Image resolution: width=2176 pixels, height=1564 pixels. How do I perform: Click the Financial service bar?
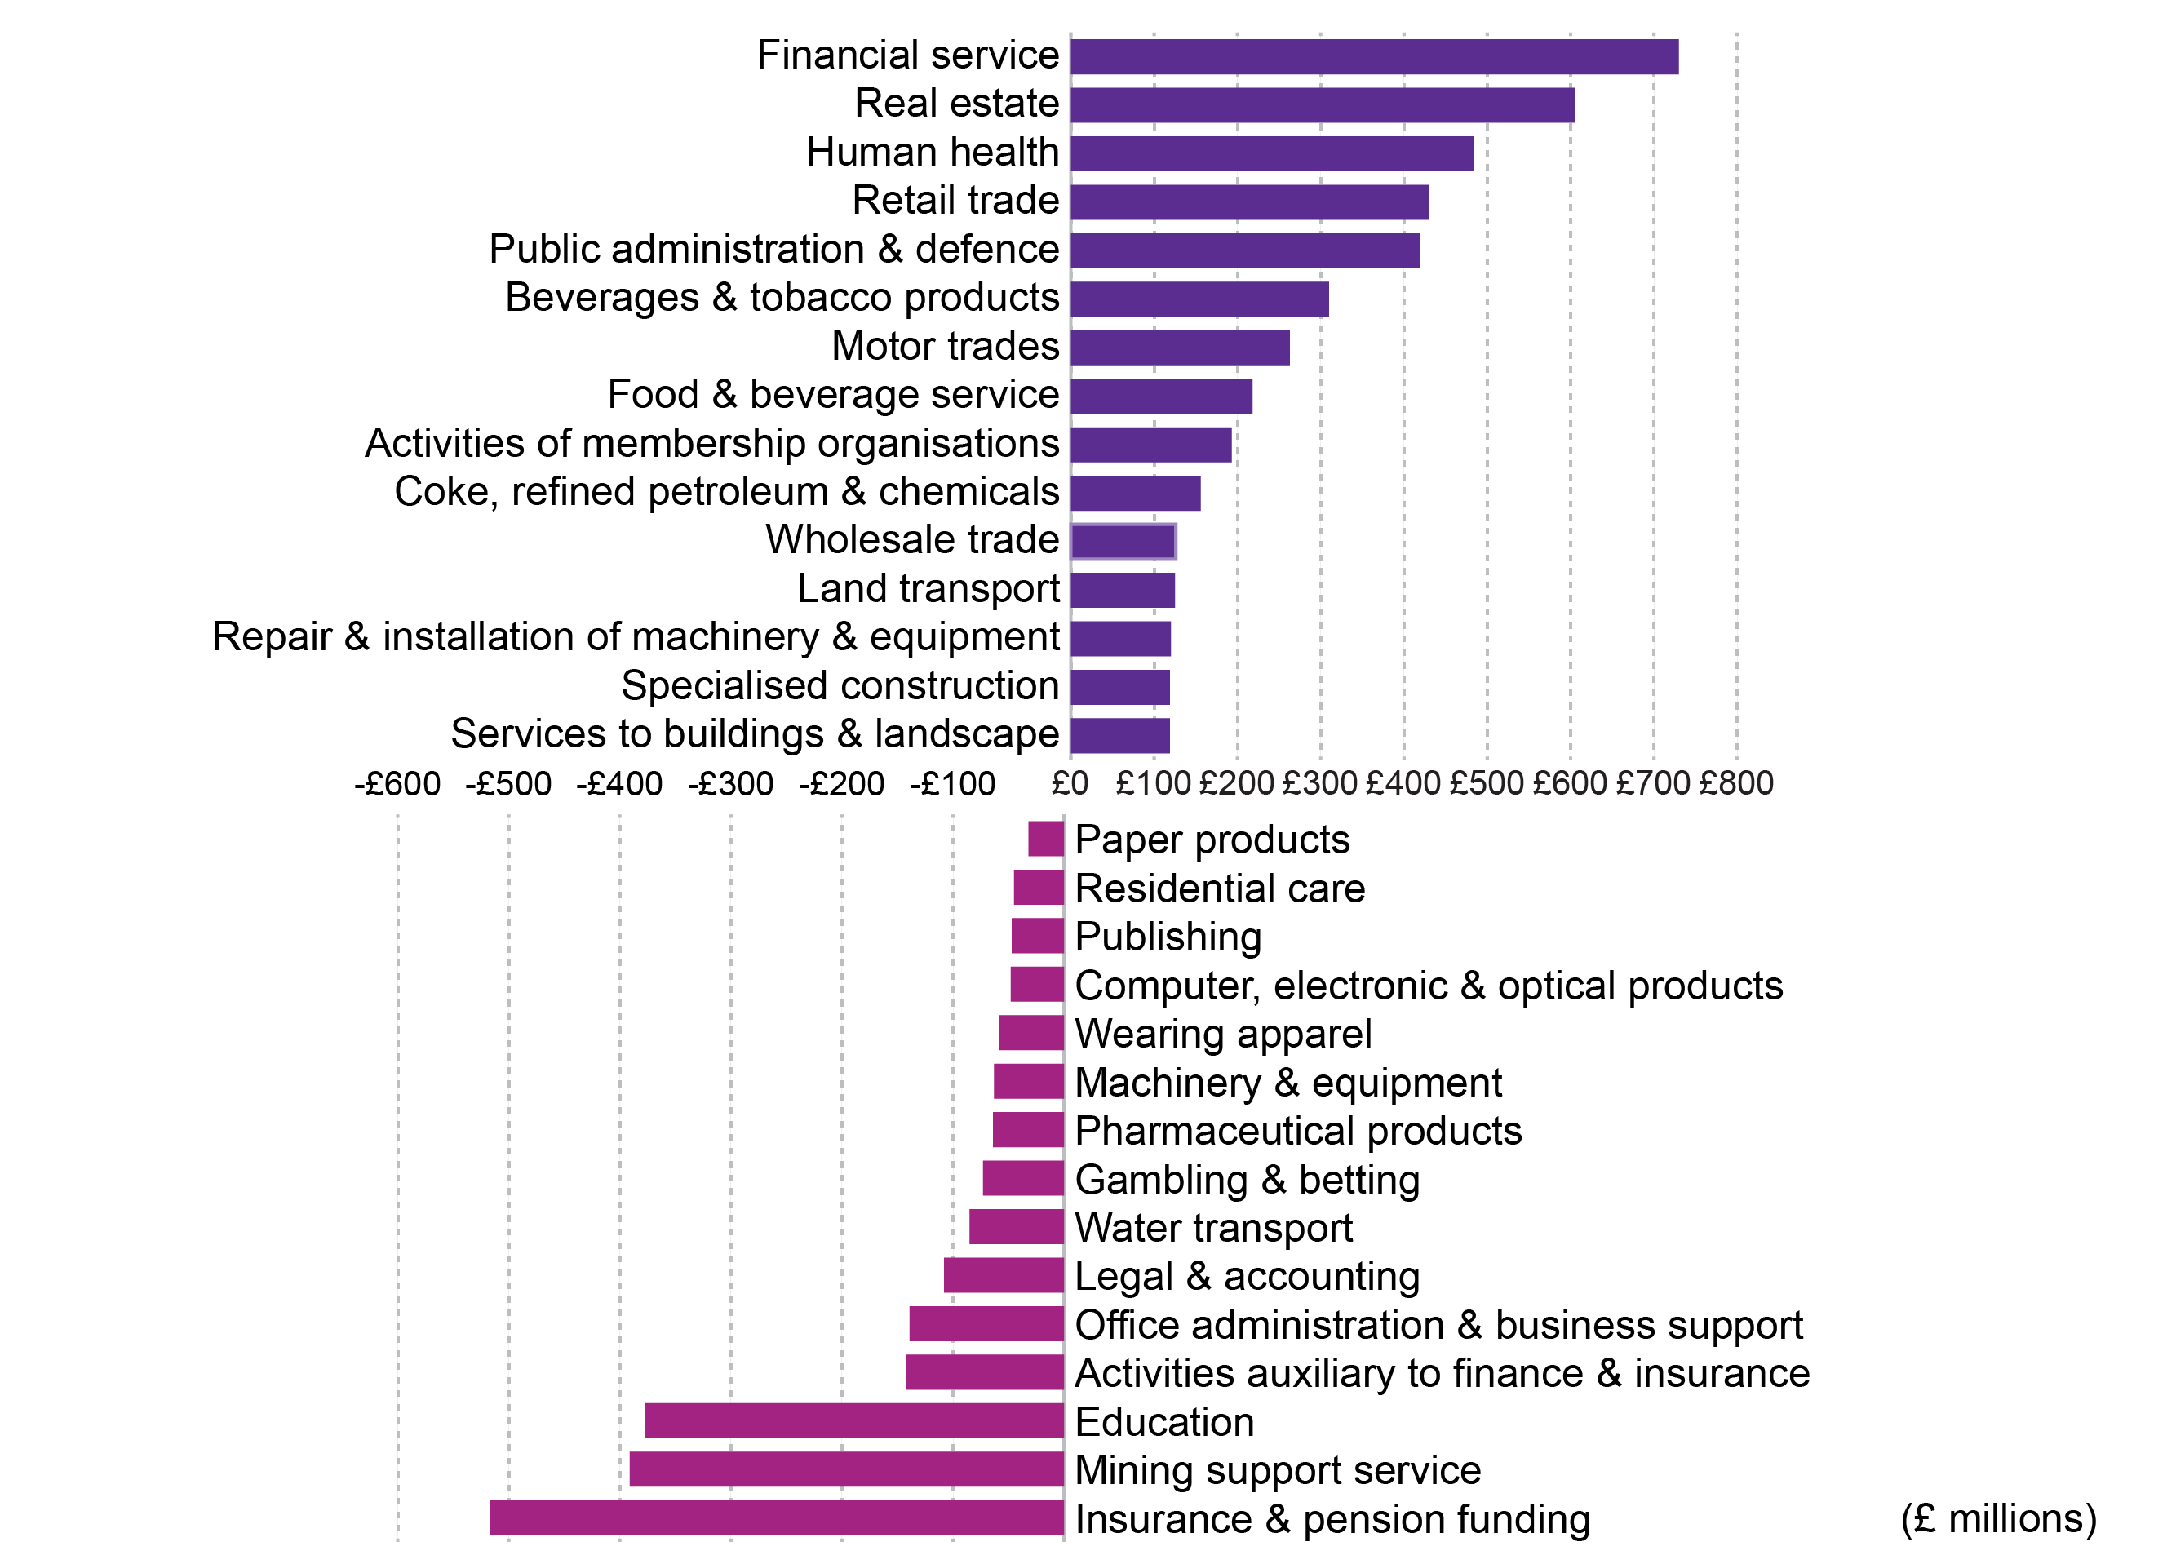tap(1374, 56)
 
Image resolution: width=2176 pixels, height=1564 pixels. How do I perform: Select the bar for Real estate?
tap(1322, 105)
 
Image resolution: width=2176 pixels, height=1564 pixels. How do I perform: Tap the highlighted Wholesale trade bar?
tap(1123, 542)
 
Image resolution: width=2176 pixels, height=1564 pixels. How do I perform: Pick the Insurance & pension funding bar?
tap(776, 1518)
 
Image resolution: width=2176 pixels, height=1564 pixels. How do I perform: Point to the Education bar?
tap(854, 1421)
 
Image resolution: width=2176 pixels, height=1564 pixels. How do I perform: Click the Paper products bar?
tap(1046, 839)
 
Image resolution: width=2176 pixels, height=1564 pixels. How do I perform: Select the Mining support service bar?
tap(846, 1469)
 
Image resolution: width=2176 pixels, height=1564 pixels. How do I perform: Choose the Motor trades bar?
tap(1180, 348)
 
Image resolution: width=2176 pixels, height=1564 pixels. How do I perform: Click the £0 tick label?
tap(1070, 784)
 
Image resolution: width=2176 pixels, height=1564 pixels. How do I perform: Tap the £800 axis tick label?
tap(1735, 784)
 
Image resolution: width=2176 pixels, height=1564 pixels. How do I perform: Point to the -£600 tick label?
tap(397, 784)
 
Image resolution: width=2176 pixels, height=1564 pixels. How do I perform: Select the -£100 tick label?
tap(952, 784)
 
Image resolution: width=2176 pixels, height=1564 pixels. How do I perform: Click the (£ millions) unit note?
tap(1997, 1519)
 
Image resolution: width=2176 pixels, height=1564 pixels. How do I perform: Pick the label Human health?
tap(933, 153)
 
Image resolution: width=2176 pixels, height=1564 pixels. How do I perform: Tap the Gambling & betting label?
tap(1247, 1179)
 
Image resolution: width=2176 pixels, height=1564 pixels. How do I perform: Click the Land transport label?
tap(928, 588)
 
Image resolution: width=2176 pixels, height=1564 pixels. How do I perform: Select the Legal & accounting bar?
tap(1004, 1275)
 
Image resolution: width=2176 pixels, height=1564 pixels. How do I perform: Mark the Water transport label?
tap(1212, 1228)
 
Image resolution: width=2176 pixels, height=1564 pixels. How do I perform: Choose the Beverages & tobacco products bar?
tap(1199, 299)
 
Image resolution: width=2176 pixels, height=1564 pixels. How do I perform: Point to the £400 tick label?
tap(1403, 784)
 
